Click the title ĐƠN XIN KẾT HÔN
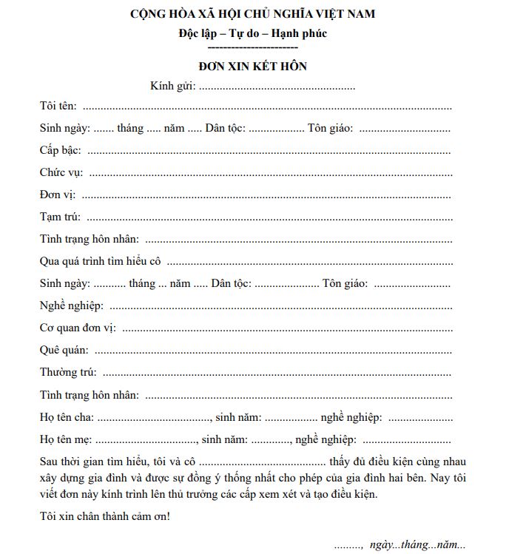pyautogui.click(x=252, y=67)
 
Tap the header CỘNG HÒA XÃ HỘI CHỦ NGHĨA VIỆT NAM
pyautogui.click(x=252, y=14)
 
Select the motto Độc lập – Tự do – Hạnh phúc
pyautogui.click(x=252, y=33)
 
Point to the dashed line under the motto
pyautogui.click(x=252, y=47)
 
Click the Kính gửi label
pyautogui.click(x=172, y=87)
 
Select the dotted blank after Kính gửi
pyautogui.click(x=277, y=87)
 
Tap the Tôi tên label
pyautogui.click(x=58, y=107)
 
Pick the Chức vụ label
pyautogui.click(x=61, y=172)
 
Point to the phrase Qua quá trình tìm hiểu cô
pyautogui.click(x=101, y=261)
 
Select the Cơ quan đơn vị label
pyautogui.click(x=77, y=328)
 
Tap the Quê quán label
pyautogui.click(x=64, y=350)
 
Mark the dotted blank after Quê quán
pyautogui.click(x=272, y=351)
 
